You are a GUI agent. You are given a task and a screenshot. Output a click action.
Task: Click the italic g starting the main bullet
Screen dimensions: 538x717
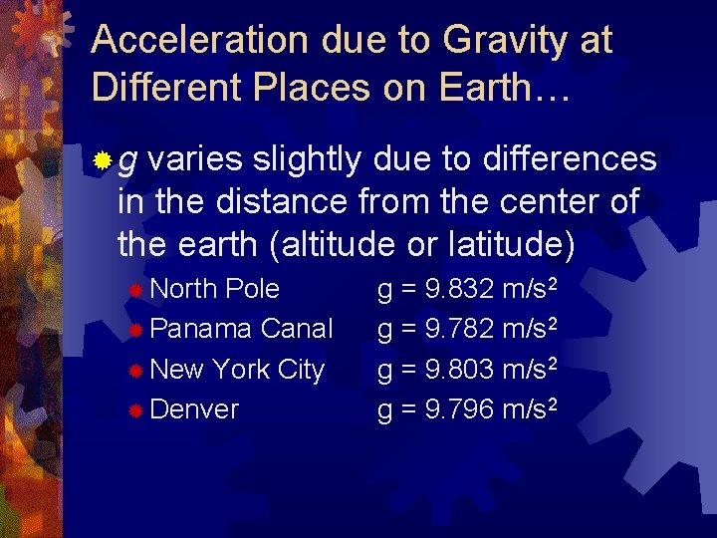pos(129,161)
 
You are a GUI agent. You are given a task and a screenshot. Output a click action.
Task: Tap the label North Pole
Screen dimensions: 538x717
pos(214,289)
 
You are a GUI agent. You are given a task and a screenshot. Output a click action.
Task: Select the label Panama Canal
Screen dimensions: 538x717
pos(241,328)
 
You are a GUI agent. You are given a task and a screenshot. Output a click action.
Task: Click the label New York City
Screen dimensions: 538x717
pos(237,369)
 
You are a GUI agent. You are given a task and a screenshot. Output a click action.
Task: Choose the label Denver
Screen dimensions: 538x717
pos(194,408)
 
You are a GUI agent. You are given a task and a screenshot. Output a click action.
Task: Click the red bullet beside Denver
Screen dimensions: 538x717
pos(136,409)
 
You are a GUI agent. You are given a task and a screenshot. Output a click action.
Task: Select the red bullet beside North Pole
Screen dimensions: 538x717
pos(136,290)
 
